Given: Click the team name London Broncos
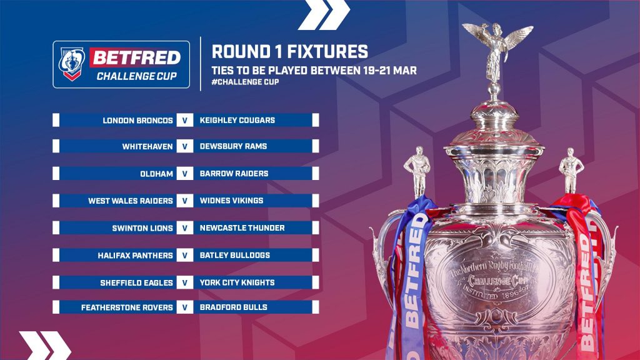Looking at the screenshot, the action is point(137,121).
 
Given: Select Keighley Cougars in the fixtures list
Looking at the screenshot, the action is point(237,121).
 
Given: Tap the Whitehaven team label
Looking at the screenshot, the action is point(147,146).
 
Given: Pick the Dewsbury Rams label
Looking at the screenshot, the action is point(233,146).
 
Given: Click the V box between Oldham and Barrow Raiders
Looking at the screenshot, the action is point(185,174).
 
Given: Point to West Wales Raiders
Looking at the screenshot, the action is point(131,201).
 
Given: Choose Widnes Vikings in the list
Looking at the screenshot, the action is point(231,201).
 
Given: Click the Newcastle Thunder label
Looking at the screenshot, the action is point(242,227).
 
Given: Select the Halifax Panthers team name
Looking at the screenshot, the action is point(135,256).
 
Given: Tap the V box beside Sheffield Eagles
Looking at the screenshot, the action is point(185,282).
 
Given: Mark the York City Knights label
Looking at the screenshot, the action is point(237,282).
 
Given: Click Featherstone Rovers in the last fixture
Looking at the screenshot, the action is point(127,307).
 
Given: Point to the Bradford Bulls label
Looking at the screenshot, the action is point(234,307).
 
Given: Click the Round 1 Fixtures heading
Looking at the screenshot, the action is point(290,52).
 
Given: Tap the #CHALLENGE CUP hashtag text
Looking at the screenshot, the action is point(245,82).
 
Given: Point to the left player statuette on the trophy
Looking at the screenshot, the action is point(417,171).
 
